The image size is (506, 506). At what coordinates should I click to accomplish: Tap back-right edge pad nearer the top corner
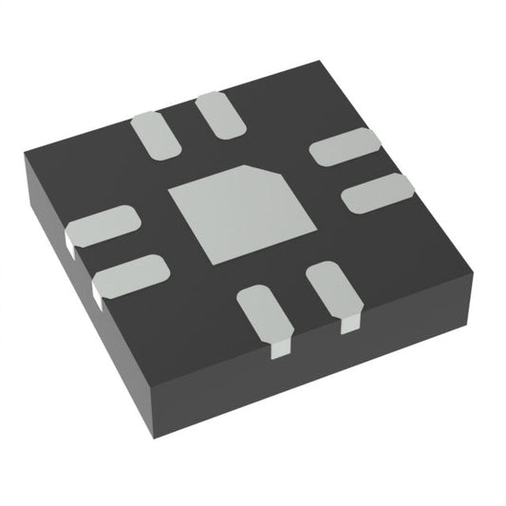tap(346, 147)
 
